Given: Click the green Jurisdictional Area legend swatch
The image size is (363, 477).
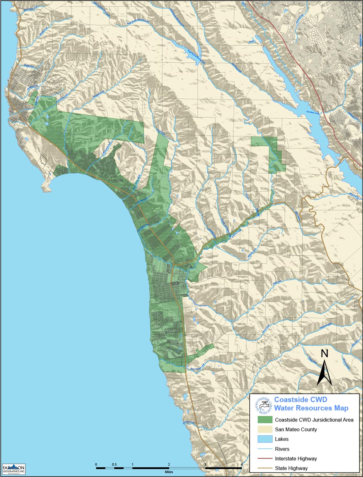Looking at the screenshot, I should point(264,420).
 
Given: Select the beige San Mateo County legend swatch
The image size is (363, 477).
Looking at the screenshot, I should point(264,429).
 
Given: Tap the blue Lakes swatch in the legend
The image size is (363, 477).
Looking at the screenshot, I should point(264,439).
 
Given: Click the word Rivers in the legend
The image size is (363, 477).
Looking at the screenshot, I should point(282,449).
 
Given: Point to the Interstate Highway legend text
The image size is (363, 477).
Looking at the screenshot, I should point(295,458).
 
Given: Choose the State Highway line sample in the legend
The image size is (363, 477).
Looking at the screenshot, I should point(264,468).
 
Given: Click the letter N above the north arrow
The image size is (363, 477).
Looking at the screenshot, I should point(325,354).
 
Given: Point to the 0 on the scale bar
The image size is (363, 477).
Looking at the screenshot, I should point(96,464).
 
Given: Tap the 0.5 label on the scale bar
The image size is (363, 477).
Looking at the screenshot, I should point(114,464).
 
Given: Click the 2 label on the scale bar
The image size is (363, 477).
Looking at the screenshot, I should point(169,464).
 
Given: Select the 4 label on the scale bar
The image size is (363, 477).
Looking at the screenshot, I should point(242,464).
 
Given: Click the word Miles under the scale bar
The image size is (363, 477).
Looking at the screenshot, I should point(169,473).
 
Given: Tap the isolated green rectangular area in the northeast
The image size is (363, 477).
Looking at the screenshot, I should point(269,152).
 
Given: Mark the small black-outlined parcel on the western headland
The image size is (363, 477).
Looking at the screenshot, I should point(44,159).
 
